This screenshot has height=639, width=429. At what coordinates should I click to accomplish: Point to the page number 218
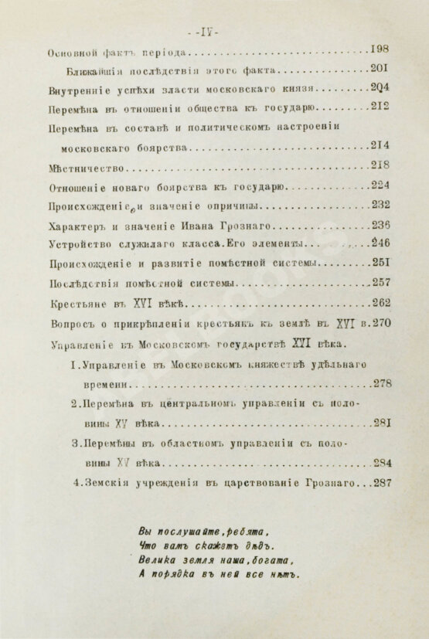378,164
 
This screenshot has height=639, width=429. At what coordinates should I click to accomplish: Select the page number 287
382,482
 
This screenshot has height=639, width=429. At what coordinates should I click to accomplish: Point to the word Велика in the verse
157,560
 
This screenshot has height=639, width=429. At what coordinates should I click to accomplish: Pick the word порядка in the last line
172,574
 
